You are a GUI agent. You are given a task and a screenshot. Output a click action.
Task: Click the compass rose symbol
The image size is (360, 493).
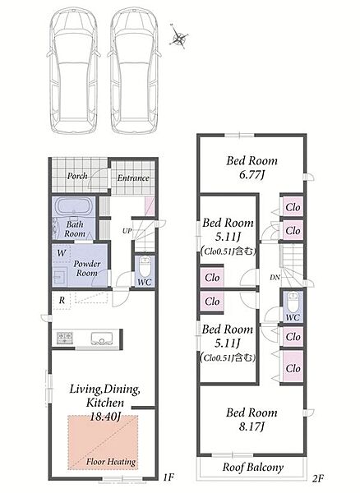[180, 37]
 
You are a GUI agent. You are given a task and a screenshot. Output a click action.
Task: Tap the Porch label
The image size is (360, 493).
[77, 176]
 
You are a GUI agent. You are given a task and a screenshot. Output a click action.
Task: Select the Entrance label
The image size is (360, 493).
[133, 178]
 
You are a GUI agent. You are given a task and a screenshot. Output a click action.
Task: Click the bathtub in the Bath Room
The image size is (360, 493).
[74, 206]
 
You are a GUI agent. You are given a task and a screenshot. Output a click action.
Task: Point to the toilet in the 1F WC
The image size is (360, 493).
[145, 266]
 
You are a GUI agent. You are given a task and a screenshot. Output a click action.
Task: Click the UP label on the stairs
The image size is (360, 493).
[127, 231]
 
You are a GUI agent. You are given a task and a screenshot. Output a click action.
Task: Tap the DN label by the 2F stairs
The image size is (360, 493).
[275, 278]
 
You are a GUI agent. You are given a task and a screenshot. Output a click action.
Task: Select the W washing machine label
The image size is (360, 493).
[62, 253]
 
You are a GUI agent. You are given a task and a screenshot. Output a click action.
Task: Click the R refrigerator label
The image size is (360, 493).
[62, 301]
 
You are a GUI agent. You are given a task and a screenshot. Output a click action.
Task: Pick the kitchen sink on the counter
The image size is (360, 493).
[102, 339]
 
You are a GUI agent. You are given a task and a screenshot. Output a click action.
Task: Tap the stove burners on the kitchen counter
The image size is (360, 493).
[65, 338]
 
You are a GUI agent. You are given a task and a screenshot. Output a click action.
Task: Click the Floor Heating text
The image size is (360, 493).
[111, 462]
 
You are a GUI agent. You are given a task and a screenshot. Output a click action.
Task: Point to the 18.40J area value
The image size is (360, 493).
[105, 417]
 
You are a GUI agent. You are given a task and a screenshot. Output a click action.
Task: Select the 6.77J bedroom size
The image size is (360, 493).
[252, 175]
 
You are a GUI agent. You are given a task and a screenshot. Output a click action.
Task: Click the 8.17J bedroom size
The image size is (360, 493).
[252, 426]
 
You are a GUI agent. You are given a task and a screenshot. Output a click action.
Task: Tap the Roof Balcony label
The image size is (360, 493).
[253, 468]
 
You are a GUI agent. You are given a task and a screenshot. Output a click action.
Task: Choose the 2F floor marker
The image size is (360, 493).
[318, 478]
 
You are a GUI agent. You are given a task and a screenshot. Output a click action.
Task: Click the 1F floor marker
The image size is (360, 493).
[168, 477]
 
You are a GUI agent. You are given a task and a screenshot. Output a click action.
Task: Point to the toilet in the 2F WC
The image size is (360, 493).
[292, 301]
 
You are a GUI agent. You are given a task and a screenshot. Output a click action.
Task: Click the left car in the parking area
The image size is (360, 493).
[74, 70]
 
